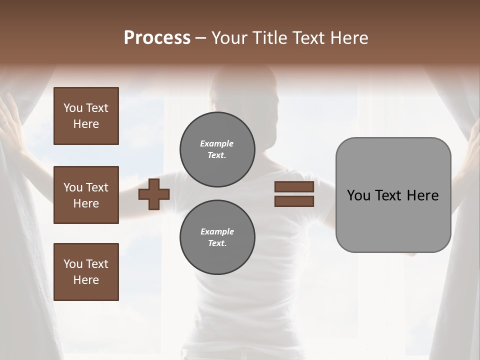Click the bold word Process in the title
click(x=157, y=38)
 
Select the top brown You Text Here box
click(x=86, y=116)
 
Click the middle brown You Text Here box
click(x=86, y=195)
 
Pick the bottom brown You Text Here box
click(x=86, y=272)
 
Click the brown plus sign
click(x=154, y=194)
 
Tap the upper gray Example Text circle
click(x=217, y=149)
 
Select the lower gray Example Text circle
click(x=217, y=237)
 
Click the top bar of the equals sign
click(x=294, y=187)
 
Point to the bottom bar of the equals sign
click(x=294, y=201)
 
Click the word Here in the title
click(x=349, y=38)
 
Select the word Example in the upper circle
click(x=217, y=143)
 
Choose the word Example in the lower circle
click(x=217, y=231)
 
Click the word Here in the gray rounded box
click(x=423, y=195)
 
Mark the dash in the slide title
click(x=200, y=38)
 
